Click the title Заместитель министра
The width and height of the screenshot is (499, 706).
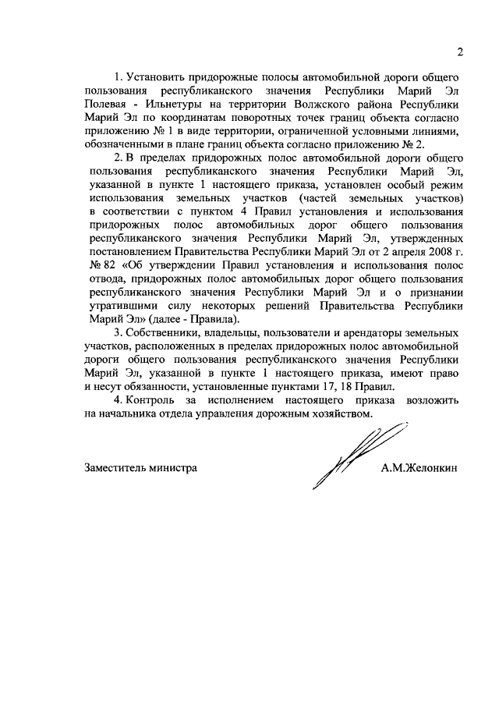(x=140, y=468)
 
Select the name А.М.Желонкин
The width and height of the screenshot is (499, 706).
(x=419, y=468)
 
